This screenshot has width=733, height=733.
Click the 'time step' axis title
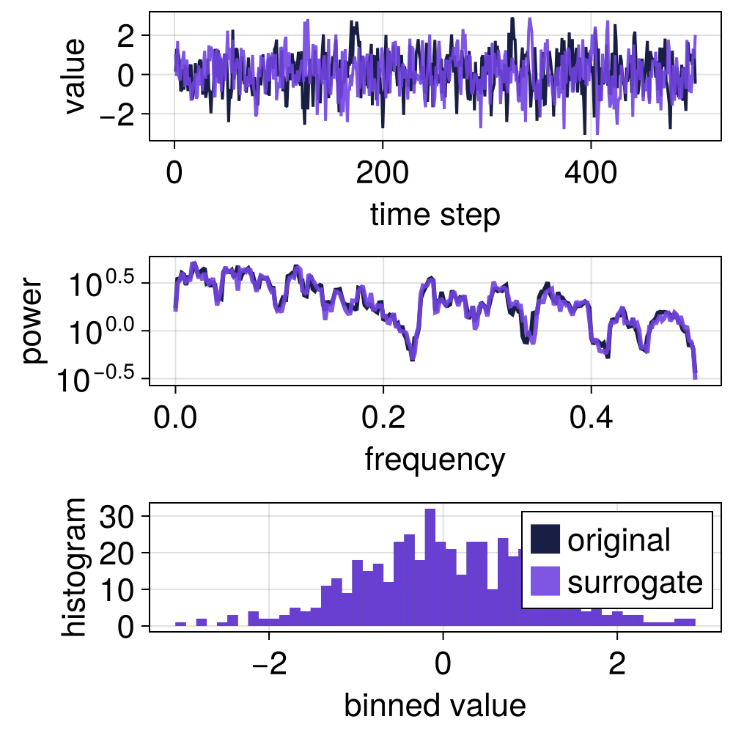point(435,216)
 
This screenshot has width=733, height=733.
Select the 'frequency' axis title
point(435,460)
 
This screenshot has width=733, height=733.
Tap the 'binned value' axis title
point(435,705)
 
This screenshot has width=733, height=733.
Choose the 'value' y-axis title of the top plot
point(73,75)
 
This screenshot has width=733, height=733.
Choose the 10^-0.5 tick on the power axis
point(103,378)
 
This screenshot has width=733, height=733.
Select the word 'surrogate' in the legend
point(635,583)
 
